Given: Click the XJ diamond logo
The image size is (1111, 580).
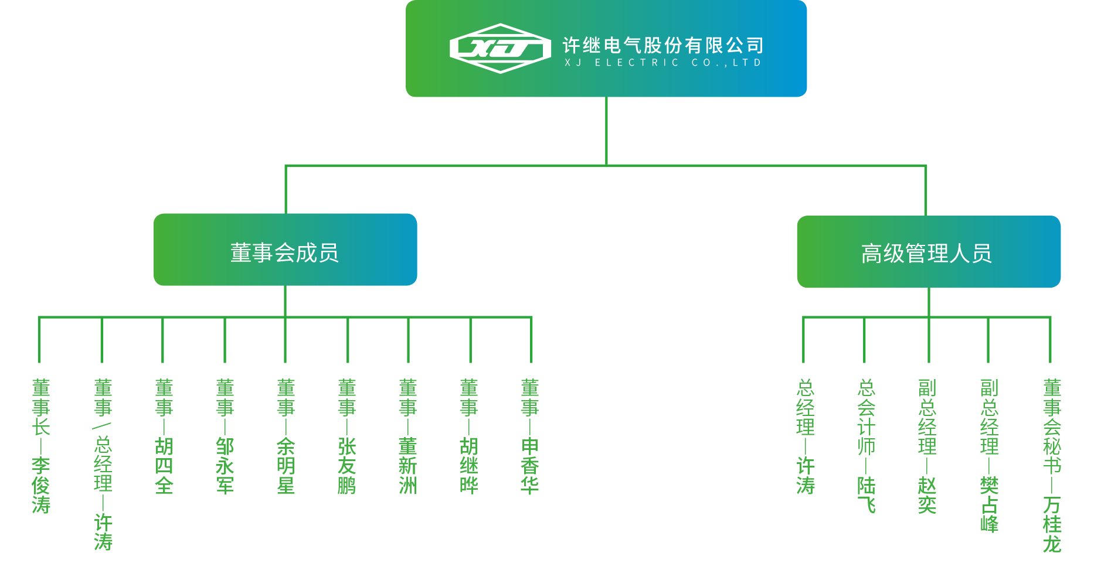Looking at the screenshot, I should [500, 49].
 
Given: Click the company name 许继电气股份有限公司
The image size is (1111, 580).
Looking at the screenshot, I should [662, 45].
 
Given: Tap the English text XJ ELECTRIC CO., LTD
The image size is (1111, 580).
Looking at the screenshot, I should [662, 63].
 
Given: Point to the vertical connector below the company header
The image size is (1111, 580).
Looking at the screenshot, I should [606, 131].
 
